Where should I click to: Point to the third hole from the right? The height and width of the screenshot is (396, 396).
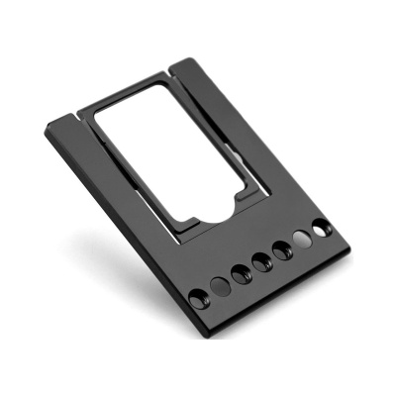coord(282,250)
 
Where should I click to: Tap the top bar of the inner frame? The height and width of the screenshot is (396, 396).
coord(129,100)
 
